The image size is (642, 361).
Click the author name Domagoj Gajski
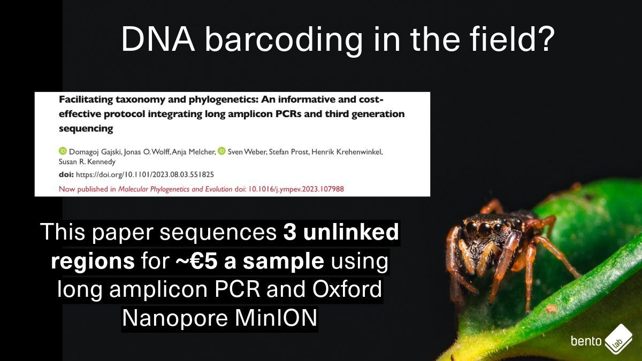click(91, 152)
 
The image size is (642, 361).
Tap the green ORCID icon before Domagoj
click(62, 152)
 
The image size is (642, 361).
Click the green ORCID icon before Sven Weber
click(221, 152)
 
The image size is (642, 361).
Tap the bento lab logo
click(602, 340)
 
